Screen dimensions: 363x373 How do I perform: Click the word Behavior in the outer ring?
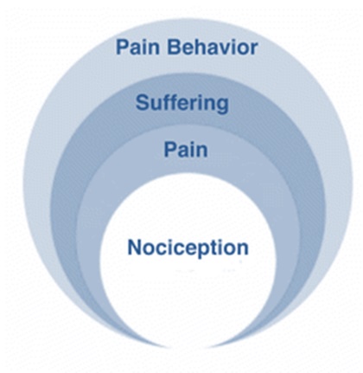(213, 47)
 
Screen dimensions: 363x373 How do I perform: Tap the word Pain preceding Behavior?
(137, 47)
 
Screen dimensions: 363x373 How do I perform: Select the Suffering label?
(182, 103)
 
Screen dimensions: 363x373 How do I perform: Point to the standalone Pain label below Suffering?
(186, 150)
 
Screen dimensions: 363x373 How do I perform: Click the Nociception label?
(188, 248)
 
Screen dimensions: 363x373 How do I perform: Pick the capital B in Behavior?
(175, 47)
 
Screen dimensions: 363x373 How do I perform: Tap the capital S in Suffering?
(143, 103)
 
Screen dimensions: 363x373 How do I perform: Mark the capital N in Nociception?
(135, 248)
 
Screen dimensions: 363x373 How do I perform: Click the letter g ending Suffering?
(222, 106)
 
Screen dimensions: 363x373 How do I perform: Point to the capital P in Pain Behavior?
(122, 47)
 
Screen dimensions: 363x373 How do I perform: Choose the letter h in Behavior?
(201, 47)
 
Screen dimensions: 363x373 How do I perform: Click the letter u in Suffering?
(156, 106)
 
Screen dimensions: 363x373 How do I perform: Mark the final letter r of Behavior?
(254, 49)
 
